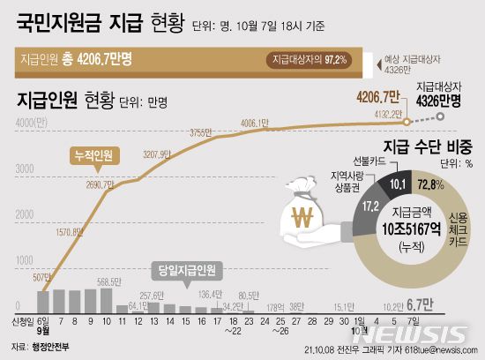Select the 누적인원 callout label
pyautogui.click(x=91, y=155)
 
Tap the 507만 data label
pyautogui.click(x=40, y=275)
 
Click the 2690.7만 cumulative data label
pyautogui.click(x=95, y=185)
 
